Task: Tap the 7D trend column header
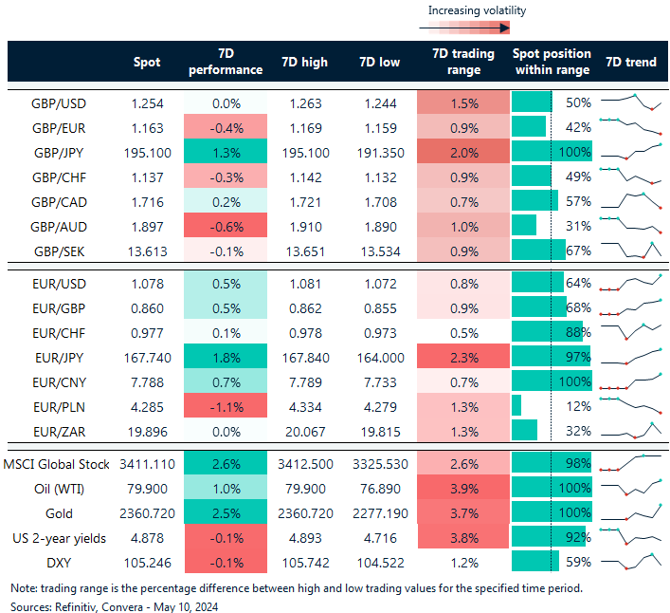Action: [629, 62]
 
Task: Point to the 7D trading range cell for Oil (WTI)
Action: [463, 488]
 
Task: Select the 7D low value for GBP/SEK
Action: [383, 251]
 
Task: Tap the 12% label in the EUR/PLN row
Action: [578, 405]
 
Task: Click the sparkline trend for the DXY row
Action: [630, 562]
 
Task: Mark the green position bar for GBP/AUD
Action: [524, 226]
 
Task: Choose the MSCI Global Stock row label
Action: [57, 463]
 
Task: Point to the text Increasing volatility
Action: [477, 10]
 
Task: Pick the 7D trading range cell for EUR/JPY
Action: [463, 356]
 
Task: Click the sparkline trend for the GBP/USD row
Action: [630, 102]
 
